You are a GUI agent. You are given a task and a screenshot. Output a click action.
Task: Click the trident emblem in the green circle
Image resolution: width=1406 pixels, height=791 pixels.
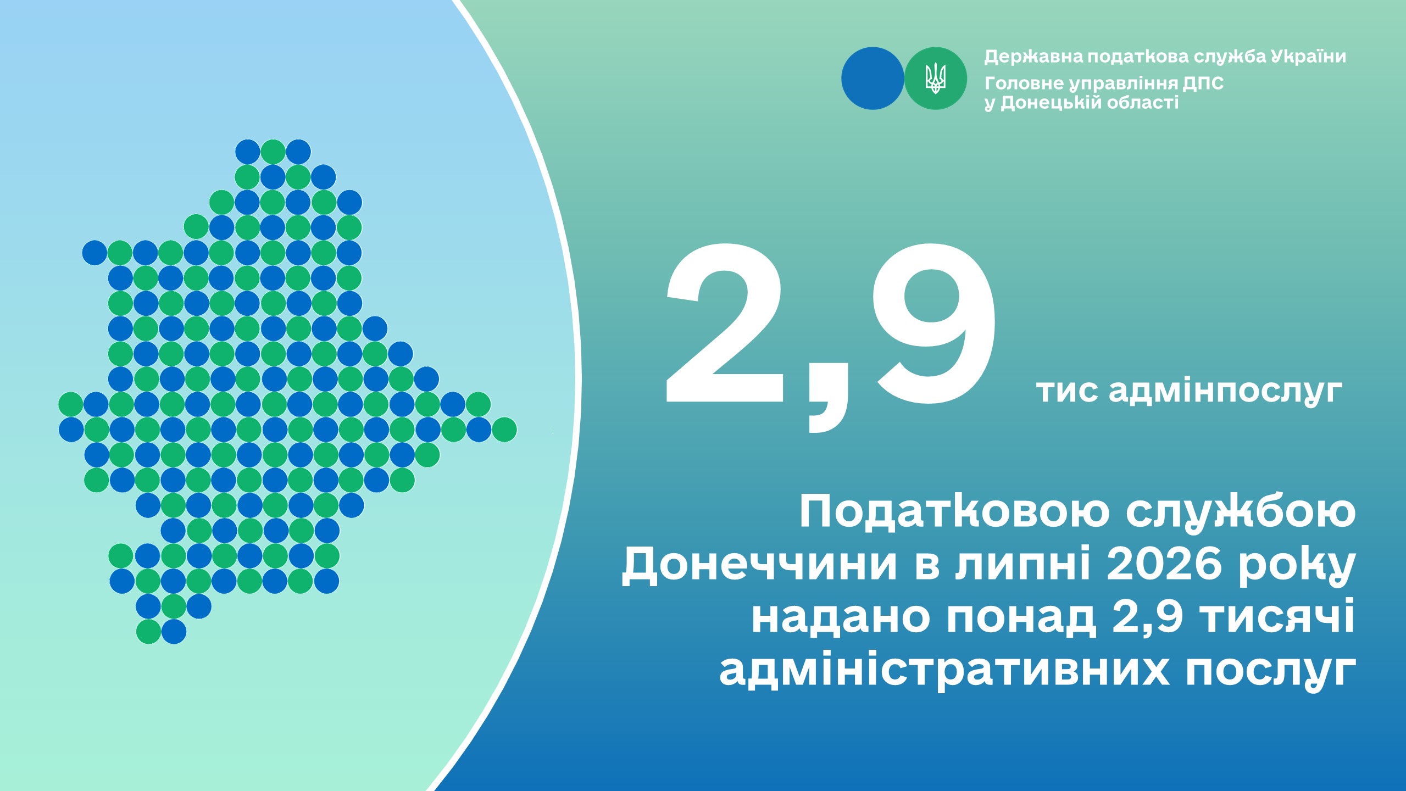click(x=935, y=78)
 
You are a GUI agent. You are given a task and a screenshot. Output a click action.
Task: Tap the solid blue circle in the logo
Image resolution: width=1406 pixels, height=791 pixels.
click(x=873, y=78)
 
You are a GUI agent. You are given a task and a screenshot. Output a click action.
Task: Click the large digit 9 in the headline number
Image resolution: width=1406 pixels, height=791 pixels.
click(x=936, y=324)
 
